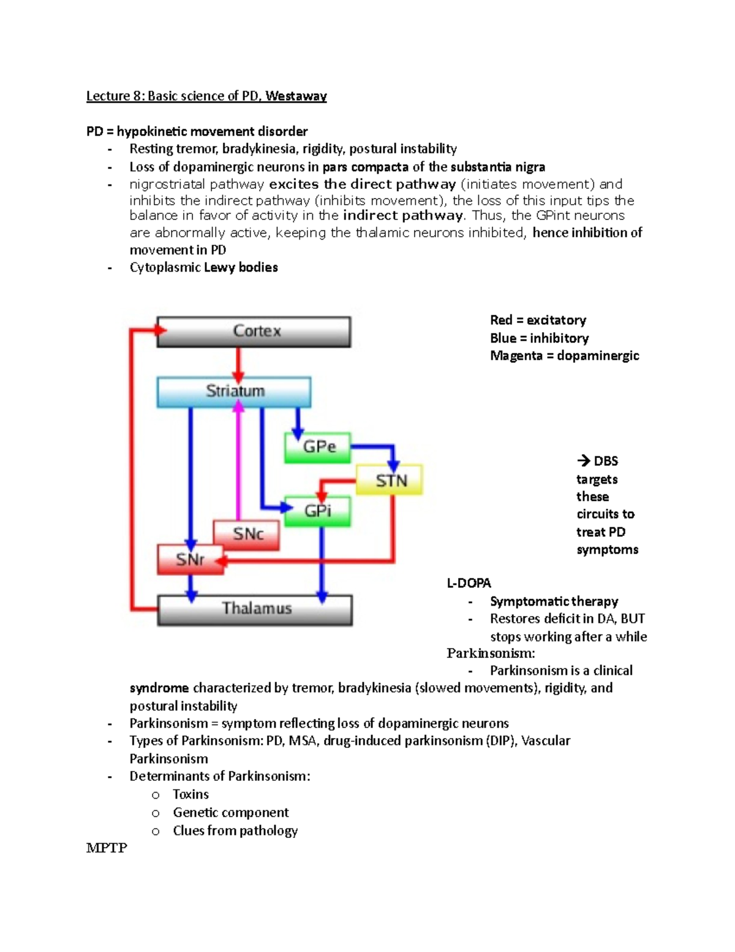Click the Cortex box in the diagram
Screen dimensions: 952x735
point(254,332)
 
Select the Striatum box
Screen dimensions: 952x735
point(234,392)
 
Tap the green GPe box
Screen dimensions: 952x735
point(317,447)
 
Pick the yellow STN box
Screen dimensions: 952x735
point(390,480)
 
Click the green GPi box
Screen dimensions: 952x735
point(317,511)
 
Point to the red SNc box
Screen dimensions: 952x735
point(247,535)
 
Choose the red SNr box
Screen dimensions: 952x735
point(189,560)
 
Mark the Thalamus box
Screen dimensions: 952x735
point(255,609)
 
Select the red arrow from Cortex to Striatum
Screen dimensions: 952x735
point(238,365)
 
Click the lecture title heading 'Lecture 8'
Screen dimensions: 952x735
point(206,96)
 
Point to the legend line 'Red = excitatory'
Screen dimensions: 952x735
point(538,320)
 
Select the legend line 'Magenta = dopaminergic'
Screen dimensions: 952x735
point(564,356)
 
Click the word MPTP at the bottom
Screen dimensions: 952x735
point(107,848)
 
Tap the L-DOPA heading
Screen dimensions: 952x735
point(469,583)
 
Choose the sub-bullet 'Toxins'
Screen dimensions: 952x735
point(190,794)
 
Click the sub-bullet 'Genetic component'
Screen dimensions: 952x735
point(230,813)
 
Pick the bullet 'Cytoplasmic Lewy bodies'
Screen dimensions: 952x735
point(203,267)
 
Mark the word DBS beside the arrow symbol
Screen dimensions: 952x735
point(606,461)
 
